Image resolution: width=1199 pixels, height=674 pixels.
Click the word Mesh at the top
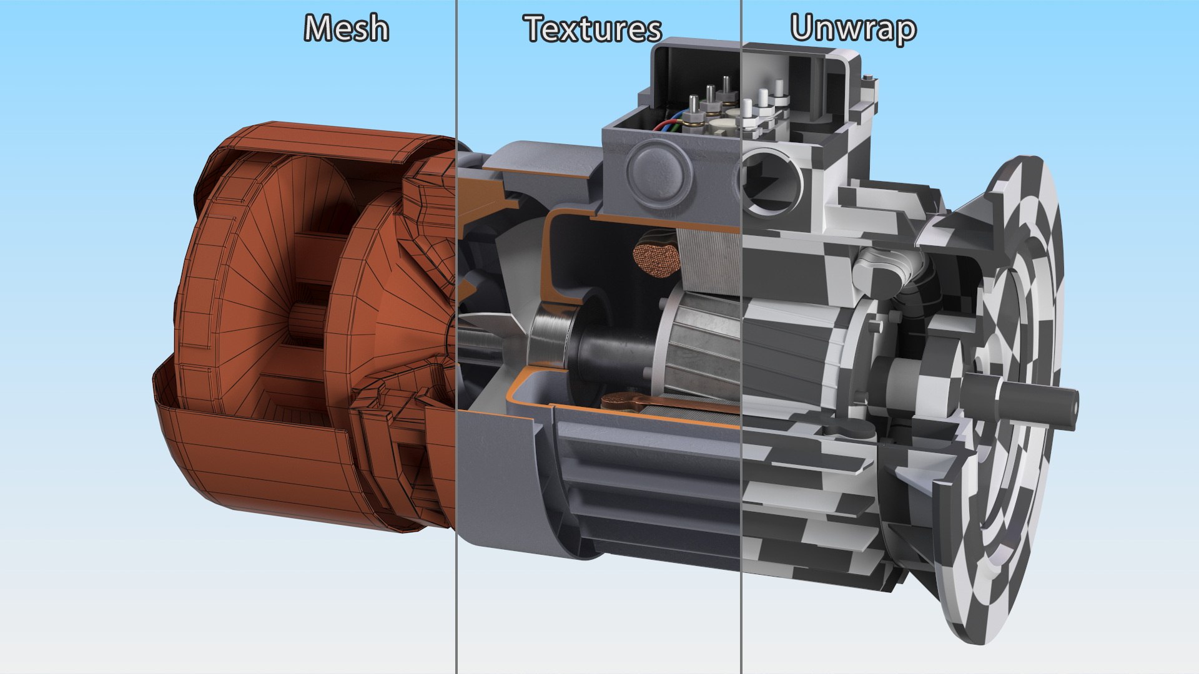[347, 29]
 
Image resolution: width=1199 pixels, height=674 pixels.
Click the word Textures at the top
[592, 29]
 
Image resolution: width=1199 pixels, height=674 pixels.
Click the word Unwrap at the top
[853, 28]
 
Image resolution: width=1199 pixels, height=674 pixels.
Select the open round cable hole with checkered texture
[771, 180]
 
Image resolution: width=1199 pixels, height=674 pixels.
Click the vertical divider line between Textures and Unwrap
[741, 374]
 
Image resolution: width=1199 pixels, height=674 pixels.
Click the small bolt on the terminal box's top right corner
[868, 77]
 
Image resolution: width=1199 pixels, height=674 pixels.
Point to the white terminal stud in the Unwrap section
[763, 100]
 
